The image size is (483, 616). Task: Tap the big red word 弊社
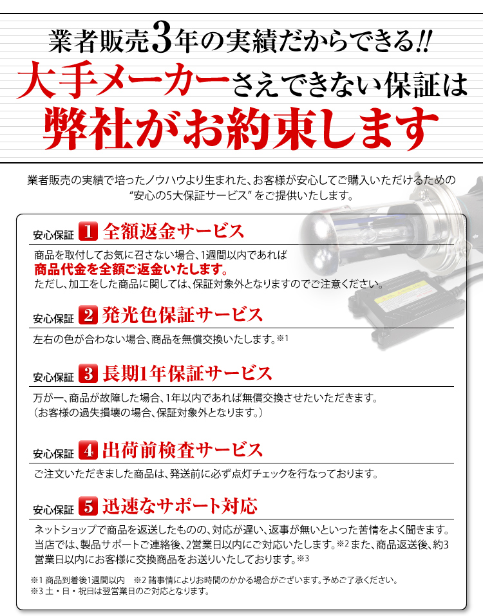click(86, 127)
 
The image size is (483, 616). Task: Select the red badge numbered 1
click(88, 231)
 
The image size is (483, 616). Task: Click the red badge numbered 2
click(88, 315)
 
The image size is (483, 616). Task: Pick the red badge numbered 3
click(88, 373)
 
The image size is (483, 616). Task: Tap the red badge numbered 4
click(88, 450)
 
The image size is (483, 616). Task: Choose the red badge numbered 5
click(88, 506)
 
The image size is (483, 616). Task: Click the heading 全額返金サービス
click(173, 231)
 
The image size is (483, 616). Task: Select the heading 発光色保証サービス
click(182, 315)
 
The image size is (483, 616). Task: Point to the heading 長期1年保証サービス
click(187, 373)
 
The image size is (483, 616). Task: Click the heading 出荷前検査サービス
click(182, 450)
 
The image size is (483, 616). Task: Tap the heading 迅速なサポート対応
click(180, 506)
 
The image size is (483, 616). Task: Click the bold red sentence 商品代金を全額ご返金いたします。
click(131, 270)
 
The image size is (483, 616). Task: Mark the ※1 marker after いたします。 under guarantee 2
click(283, 338)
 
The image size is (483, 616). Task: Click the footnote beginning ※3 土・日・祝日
click(120, 591)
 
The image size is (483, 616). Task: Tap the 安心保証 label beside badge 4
click(53, 454)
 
